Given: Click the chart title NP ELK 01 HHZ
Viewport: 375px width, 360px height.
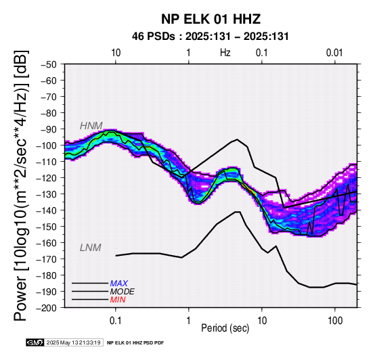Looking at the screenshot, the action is [211, 19].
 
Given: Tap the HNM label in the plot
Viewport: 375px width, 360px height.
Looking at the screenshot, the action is [91, 126].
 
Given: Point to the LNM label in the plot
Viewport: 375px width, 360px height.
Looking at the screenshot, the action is [91, 248].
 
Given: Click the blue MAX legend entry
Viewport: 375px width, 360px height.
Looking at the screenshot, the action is [119, 284].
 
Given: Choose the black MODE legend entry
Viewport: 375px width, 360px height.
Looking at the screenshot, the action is [123, 292].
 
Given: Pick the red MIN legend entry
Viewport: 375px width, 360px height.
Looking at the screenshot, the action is [118, 300].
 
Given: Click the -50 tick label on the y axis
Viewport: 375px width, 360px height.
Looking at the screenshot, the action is [49, 64].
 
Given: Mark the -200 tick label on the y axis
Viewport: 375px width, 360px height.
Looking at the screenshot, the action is [47, 308].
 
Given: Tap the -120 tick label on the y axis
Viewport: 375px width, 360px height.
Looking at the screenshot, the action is [47, 178].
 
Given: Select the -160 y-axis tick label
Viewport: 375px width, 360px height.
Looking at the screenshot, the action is [47, 243].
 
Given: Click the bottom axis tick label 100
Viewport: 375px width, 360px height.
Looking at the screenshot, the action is [335, 321].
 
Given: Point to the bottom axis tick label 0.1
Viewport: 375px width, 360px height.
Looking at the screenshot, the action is [116, 321].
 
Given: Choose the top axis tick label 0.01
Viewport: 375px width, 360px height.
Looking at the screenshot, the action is [334, 53].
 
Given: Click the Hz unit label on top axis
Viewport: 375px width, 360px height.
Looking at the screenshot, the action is [225, 53].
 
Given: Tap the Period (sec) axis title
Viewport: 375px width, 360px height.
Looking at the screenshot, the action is [225, 328].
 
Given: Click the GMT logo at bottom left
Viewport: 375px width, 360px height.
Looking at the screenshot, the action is [35, 342].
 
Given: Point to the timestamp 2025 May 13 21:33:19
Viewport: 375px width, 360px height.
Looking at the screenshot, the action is [73, 342].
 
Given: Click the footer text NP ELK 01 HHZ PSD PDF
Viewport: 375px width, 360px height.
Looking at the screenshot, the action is [135, 343].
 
